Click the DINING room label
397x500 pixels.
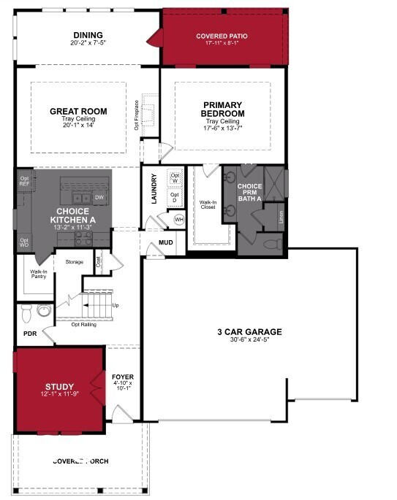[x=88, y=36]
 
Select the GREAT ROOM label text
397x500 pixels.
[x=78, y=112]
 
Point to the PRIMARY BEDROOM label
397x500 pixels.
[x=223, y=109]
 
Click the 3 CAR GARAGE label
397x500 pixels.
[x=249, y=332]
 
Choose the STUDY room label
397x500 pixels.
[x=59, y=387]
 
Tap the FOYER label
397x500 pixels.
[x=124, y=377]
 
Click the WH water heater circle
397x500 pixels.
[x=178, y=219]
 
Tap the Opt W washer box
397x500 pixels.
[x=175, y=178]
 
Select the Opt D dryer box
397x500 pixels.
[x=175, y=197]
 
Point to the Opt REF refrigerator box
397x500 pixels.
[x=24, y=182]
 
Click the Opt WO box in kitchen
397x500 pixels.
[x=24, y=243]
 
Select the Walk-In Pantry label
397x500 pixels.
[x=39, y=274]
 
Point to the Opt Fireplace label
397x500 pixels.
[x=137, y=114]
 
